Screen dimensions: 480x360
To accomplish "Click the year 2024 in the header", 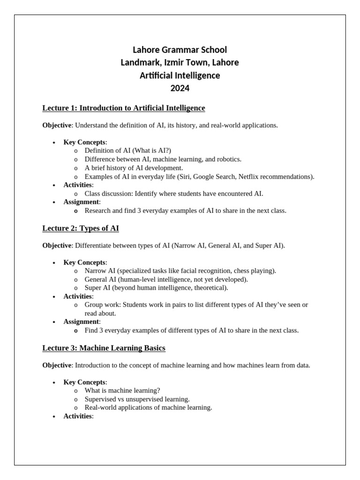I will pos(180,88).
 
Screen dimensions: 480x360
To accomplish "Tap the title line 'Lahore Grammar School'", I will pos(180,50).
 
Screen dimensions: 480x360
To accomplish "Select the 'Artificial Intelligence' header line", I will pos(180,75).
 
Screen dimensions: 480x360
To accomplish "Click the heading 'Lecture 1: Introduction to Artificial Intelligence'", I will pos(124,108).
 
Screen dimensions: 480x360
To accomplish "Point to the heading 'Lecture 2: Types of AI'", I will pos(81,228).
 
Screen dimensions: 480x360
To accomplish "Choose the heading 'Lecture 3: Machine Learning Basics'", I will pos(104,348).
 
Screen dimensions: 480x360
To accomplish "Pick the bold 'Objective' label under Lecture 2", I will pos(57,246).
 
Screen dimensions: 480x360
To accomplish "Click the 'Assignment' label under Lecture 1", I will pos(81,202).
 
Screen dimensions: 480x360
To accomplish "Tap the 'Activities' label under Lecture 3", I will pos(78,416).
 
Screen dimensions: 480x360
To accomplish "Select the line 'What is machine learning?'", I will pos(122,390).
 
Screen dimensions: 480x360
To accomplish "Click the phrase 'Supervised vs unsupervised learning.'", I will pos(137,399).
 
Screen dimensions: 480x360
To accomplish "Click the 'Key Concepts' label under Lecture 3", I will pos(84,382).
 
